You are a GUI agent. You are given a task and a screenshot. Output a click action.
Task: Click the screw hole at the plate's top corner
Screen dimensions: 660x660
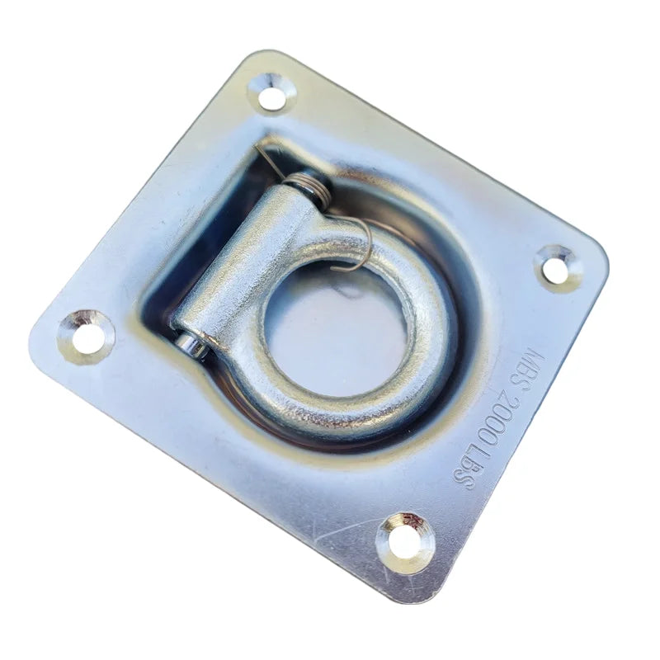point(272,92)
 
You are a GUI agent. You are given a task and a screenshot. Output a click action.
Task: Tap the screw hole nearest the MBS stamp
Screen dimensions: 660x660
point(559,269)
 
